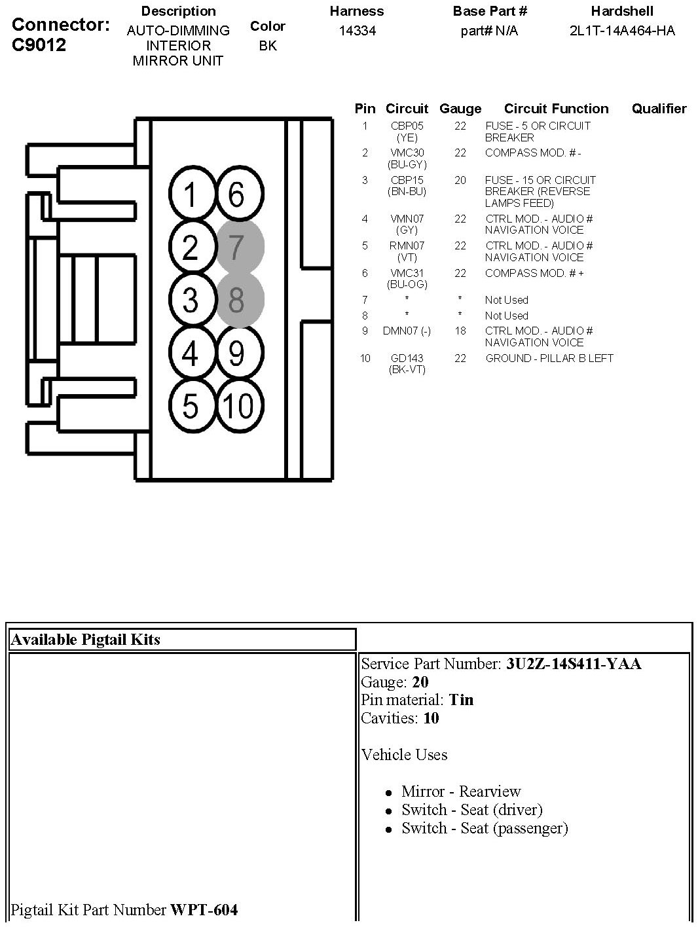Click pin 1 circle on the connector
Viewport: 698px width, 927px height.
pyautogui.click(x=191, y=194)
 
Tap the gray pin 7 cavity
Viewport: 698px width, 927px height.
pyautogui.click(x=238, y=247)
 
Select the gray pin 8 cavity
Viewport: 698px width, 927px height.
pyautogui.click(x=238, y=299)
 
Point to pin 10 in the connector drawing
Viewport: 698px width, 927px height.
pyautogui.click(x=238, y=405)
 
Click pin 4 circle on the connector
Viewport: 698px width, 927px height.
pyautogui.click(x=191, y=354)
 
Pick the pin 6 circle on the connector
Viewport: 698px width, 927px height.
pyautogui.click(x=238, y=194)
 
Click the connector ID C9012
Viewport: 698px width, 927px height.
pyautogui.click(x=39, y=45)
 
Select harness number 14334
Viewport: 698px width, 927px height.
pyautogui.click(x=357, y=31)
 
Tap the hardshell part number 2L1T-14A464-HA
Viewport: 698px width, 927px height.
pyautogui.click(x=622, y=31)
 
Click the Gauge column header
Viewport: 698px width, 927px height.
pyautogui.click(x=460, y=109)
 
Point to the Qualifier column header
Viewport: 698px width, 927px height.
pyautogui.click(x=659, y=109)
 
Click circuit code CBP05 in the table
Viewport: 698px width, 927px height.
pyautogui.click(x=407, y=126)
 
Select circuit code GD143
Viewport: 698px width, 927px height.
pyautogui.click(x=407, y=358)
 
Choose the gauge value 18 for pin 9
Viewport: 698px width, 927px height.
pyautogui.click(x=460, y=331)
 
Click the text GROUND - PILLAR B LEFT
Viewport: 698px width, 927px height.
pyautogui.click(x=549, y=358)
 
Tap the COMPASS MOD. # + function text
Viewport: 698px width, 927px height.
pyautogui.click(x=534, y=273)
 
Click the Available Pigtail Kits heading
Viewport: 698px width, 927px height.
pyautogui.click(x=85, y=640)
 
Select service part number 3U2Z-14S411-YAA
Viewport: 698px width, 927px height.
pyautogui.click(x=573, y=664)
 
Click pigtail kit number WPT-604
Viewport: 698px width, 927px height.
pyautogui.click(x=204, y=909)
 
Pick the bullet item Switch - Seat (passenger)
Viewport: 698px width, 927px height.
pyautogui.click(x=485, y=828)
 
